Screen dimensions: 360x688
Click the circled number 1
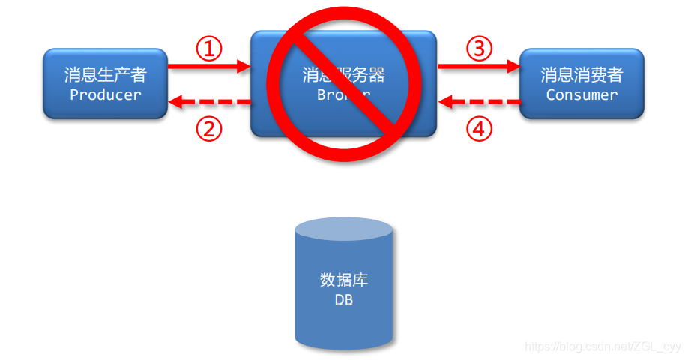(210, 49)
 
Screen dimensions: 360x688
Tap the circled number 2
(210, 129)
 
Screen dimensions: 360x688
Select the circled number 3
(480, 49)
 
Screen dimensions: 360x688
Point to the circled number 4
(480, 129)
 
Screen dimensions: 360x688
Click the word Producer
(105, 94)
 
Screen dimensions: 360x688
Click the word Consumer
(582, 94)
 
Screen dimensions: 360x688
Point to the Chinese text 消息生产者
(105, 75)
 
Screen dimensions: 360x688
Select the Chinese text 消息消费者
(582, 75)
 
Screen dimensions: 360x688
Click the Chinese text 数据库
(344, 280)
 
